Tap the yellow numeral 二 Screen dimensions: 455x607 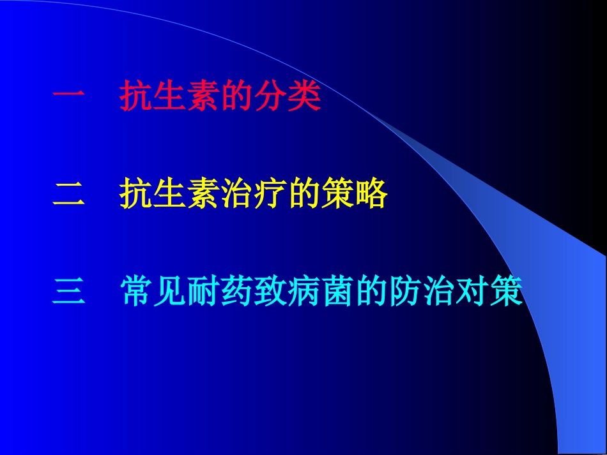68,194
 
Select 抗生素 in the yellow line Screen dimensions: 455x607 169,194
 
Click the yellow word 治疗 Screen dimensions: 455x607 253,194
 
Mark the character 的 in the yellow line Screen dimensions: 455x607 303,194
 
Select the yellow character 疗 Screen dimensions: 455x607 270,194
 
